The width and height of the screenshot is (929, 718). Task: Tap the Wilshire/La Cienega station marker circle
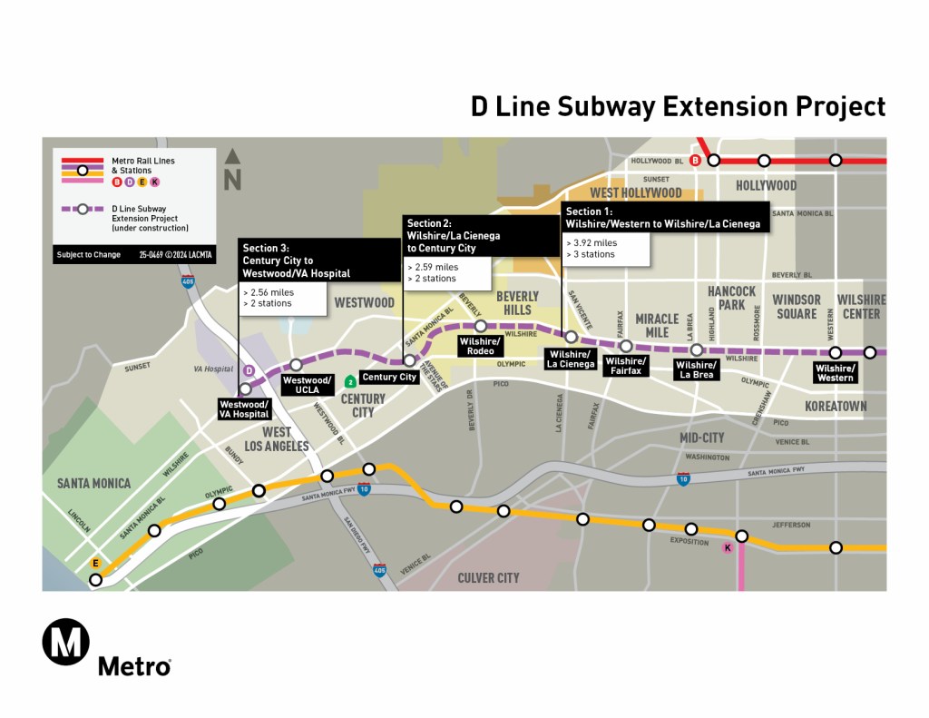(x=571, y=337)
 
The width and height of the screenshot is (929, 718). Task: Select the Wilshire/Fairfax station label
(x=626, y=366)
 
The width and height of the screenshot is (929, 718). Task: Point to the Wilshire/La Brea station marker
(x=696, y=349)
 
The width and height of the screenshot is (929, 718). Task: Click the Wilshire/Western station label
(x=835, y=372)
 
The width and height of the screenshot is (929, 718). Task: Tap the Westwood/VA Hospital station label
(x=244, y=409)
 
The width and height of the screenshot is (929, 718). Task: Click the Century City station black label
(x=389, y=377)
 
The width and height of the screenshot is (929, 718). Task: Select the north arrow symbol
(x=232, y=170)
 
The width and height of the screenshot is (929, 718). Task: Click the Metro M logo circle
(x=66, y=642)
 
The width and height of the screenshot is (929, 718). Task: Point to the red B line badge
(x=696, y=161)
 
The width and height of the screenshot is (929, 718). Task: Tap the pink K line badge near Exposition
(x=726, y=547)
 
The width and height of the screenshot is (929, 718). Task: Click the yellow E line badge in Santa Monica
(x=93, y=564)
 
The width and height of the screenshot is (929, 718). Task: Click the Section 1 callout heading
(x=662, y=218)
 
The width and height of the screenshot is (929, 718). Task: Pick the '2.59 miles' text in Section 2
(x=435, y=267)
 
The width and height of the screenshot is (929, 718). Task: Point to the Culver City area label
(x=488, y=577)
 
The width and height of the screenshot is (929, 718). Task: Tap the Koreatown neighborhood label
(x=836, y=406)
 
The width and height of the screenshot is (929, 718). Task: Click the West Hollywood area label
(x=636, y=192)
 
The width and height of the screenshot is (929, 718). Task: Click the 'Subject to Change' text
(x=88, y=255)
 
